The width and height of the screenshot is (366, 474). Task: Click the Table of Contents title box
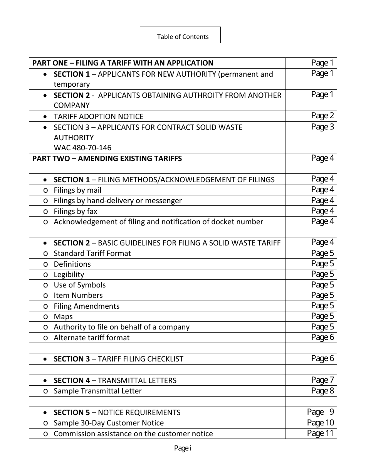pos(180,35)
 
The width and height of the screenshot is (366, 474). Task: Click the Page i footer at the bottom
pos(183,448)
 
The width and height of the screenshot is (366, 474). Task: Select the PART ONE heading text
pos(123,63)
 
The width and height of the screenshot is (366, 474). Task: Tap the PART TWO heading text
pos(107,158)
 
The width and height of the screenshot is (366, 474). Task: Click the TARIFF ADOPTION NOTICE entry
pos(98,116)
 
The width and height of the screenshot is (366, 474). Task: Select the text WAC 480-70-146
pos(82,148)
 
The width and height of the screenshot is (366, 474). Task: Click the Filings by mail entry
pos(77,190)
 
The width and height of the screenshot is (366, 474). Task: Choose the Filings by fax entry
pos(76,211)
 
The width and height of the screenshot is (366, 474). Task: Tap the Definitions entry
pos(72,264)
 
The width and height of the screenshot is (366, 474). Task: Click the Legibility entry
pos(69,274)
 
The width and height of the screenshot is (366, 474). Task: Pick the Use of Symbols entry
pos(79,285)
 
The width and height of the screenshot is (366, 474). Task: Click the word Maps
pos(63,316)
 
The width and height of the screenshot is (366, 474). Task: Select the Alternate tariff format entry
pos(92,338)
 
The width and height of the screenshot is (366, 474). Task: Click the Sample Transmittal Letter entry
pos(97,391)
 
